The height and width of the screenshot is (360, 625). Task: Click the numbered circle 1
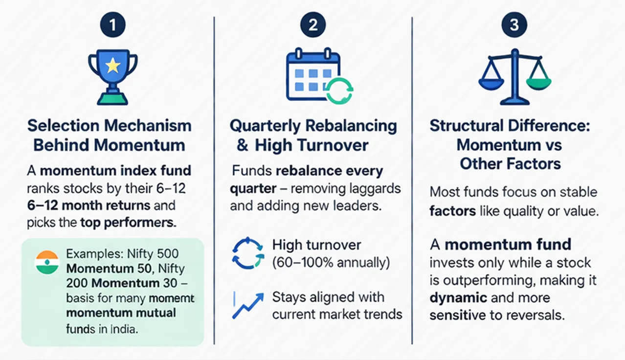[112, 25]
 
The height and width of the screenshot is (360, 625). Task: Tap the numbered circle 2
[313, 25]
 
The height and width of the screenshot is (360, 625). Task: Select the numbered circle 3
[514, 25]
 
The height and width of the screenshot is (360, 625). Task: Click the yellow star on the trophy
[112, 66]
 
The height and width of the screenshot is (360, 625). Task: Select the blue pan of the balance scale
[491, 83]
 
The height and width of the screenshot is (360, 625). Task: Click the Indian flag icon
[47, 263]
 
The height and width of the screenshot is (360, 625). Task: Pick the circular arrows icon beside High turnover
[247, 253]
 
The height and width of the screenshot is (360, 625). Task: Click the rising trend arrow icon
[248, 305]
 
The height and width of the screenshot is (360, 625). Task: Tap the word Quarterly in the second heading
[265, 126]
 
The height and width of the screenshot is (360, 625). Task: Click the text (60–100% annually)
[331, 263]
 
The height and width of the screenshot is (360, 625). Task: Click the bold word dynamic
[458, 298]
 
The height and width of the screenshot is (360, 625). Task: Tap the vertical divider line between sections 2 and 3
[412, 181]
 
